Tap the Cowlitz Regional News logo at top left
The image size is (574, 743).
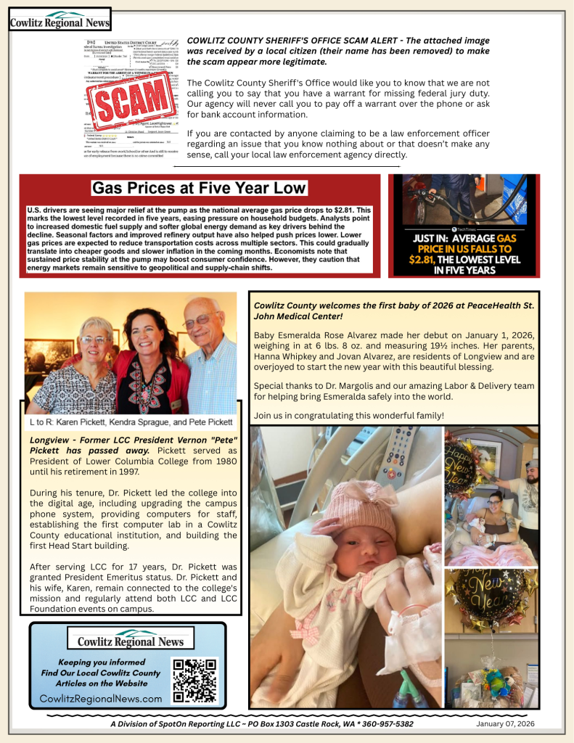pyautogui.click(x=60, y=20)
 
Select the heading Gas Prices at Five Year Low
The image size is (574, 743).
pyautogui.click(x=199, y=189)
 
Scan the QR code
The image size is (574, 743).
pyautogui.click(x=194, y=681)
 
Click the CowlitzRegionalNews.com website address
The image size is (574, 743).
pyautogui.click(x=101, y=698)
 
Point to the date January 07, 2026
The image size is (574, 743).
pyautogui.click(x=505, y=724)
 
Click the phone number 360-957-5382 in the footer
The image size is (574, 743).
pyautogui.click(x=384, y=724)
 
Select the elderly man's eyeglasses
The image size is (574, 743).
pyautogui.click(x=201, y=320)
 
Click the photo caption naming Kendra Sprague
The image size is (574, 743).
pyautogui.click(x=131, y=422)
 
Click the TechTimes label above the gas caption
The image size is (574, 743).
pyautogui.click(x=466, y=229)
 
